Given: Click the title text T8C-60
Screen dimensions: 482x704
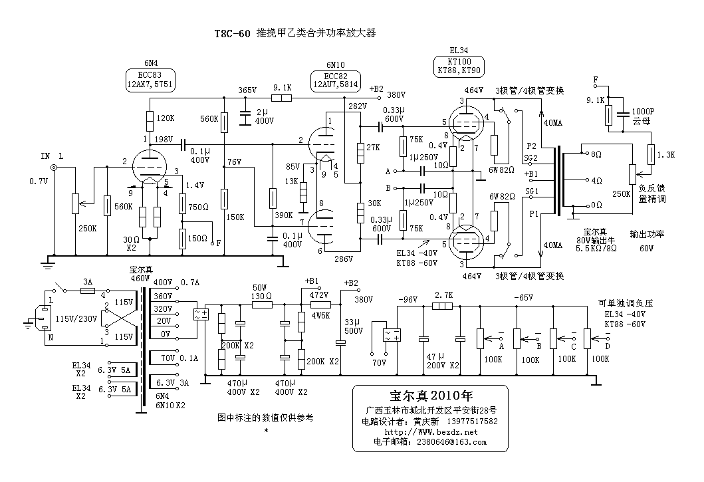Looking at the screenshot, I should (231, 34).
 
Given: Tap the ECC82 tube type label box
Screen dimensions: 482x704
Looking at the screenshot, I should (334, 80).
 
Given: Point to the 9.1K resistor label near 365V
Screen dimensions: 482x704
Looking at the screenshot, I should (282, 87).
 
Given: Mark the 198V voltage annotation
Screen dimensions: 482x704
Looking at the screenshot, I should (163, 140).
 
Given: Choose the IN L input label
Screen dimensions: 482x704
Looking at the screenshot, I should (51, 156).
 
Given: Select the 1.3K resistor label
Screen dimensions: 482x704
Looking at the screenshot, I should (665, 154).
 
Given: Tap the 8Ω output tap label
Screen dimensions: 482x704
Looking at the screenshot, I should (596, 154).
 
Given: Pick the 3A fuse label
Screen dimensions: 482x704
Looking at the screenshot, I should (87, 281).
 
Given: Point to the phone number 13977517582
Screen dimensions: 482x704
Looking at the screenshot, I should (468, 422).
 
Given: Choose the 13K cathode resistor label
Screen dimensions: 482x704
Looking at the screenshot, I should (292, 181).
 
